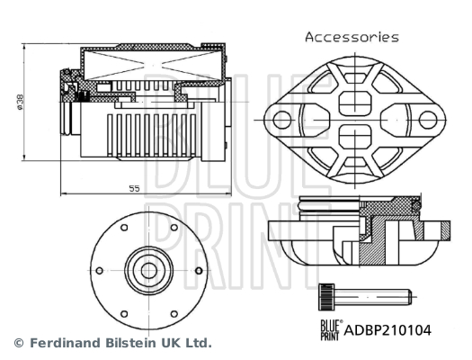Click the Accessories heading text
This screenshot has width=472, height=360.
352,37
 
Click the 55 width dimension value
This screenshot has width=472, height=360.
135,189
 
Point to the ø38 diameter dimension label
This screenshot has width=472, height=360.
20,102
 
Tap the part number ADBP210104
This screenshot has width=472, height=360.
387,330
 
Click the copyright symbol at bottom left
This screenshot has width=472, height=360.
19,343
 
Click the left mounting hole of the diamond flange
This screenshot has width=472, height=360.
282,120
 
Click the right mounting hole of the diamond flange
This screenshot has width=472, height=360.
428,120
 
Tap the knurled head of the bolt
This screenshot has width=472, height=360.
326,297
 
